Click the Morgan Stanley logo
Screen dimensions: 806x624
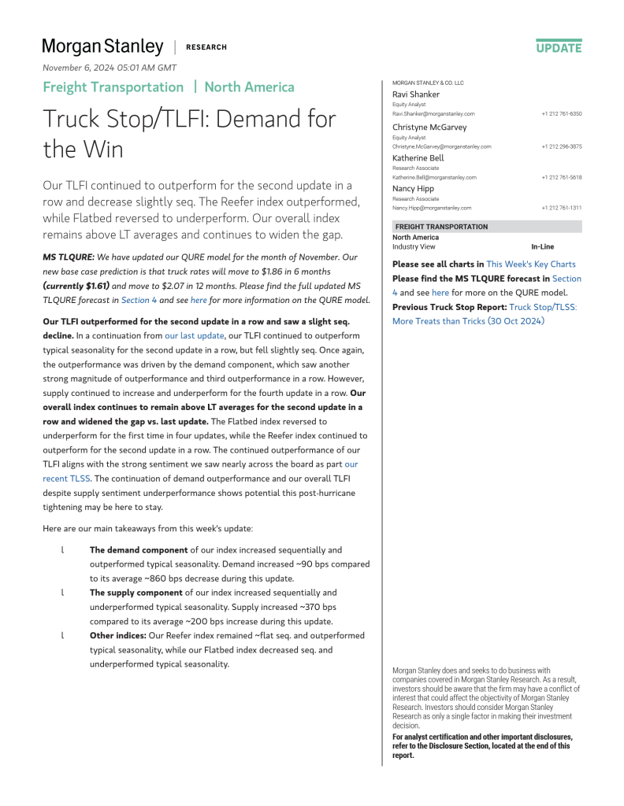pos(102,46)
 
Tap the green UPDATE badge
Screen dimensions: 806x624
pos(559,47)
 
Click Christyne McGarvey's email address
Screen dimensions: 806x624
pos(441,146)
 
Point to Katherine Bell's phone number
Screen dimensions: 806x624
pos(561,177)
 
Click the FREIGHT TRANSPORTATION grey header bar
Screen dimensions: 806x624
pos(487,227)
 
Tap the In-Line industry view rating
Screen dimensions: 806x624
pos(542,246)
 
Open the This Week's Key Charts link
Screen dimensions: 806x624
pos(531,264)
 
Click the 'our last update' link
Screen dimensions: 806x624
pos(195,335)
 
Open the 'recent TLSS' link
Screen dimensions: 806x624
pos(67,477)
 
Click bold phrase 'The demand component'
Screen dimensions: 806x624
pos(139,550)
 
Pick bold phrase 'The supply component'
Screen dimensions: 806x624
pos(136,593)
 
